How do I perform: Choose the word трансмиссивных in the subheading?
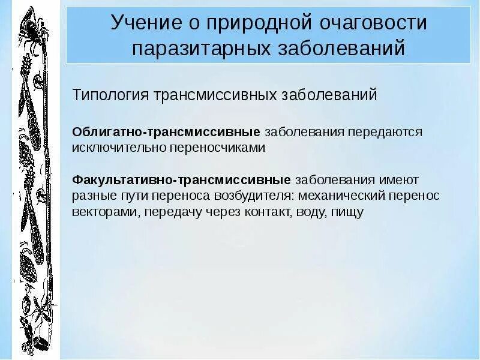point(218,95)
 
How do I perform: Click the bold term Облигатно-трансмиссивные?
point(166,131)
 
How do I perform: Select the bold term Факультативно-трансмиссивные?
point(181,179)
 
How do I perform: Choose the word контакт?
point(260,212)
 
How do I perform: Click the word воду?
point(307,212)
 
